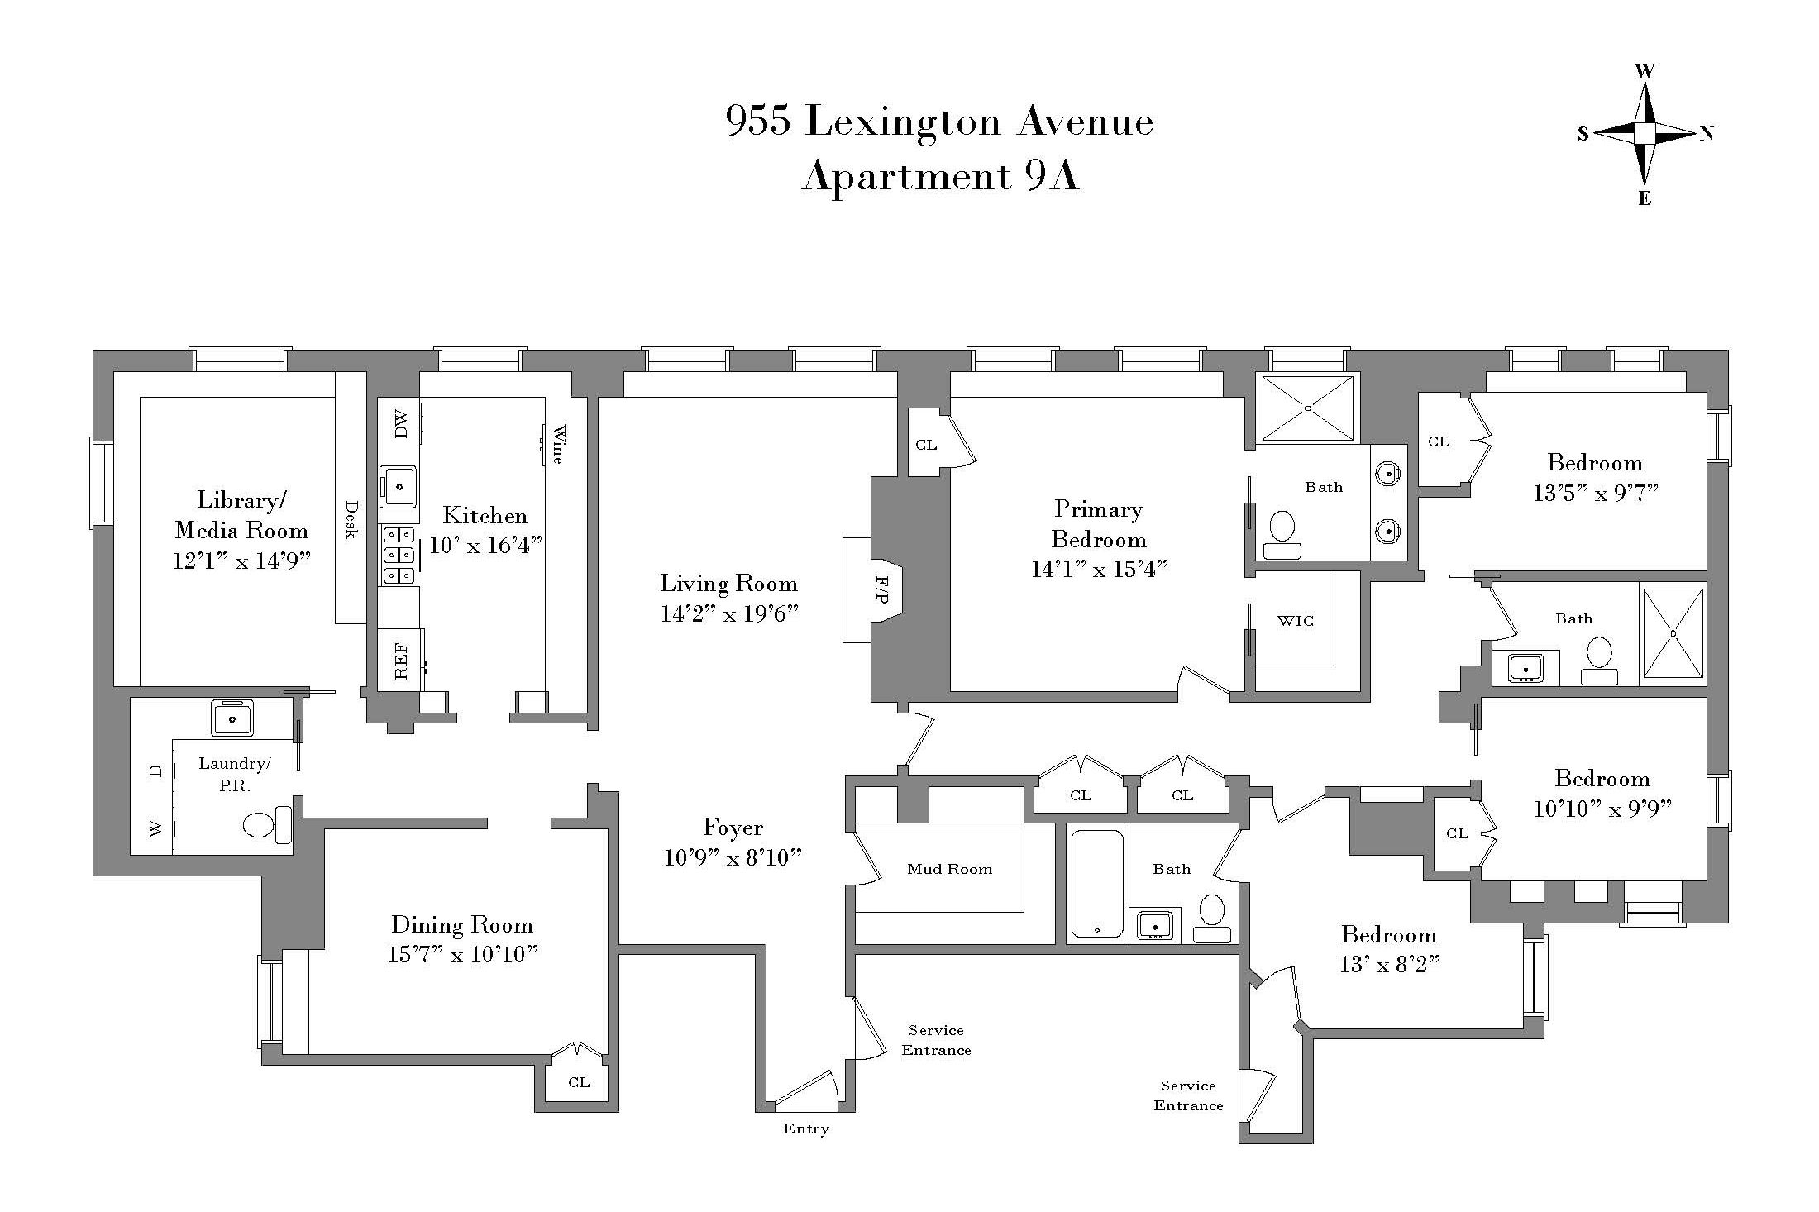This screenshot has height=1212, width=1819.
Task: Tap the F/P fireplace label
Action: [x=881, y=589]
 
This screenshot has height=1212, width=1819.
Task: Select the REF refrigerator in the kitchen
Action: [x=401, y=660]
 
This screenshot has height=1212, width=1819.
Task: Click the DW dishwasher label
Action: [x=401, y=426]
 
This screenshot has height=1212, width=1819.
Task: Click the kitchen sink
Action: [x=399, y=486]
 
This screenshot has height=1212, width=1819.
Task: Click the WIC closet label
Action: [x=1295, y=621]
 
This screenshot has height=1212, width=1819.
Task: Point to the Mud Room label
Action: [x=949, y=869]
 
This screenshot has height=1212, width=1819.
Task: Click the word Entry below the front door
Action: [x=806, y=1129]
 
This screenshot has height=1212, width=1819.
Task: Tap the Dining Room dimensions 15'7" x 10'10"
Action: [x=463, y=955]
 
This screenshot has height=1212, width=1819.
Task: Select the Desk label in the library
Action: [x=351, y=519]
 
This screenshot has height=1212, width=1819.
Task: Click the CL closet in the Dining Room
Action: [x=579, y=1082]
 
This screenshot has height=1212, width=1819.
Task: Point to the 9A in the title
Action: [x=1053, y=176]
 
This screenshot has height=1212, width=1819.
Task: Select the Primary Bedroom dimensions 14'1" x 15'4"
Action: [x=1099, y=570]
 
